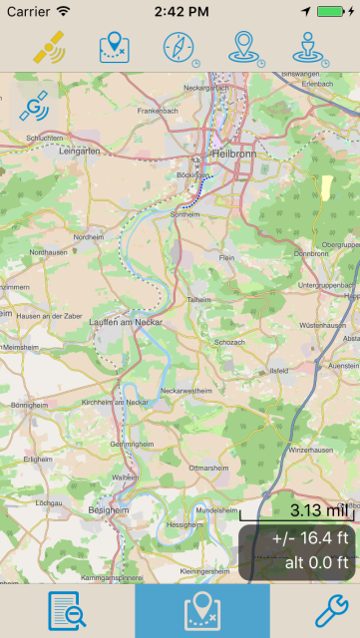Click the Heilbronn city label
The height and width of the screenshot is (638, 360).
point(235,155)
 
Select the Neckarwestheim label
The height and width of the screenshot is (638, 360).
point(181,392)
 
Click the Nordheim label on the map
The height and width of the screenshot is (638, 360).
point(89,237)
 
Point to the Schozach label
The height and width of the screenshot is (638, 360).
point(228,342)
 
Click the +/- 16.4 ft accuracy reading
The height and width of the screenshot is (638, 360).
point(309,539)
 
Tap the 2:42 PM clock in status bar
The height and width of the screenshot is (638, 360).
point(180,11)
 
